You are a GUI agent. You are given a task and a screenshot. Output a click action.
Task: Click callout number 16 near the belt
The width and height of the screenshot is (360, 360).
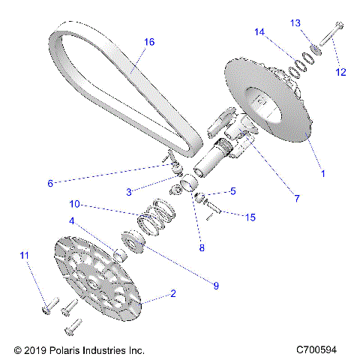point(149,42)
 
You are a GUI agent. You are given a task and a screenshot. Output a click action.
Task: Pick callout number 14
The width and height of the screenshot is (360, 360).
point(259,31)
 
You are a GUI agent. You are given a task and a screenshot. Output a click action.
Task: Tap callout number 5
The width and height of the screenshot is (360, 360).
point(232,192)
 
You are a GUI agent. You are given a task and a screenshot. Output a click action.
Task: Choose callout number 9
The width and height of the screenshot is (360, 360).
point(215,285)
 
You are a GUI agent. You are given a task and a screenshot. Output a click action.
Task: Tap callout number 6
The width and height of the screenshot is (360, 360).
point(51,182)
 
